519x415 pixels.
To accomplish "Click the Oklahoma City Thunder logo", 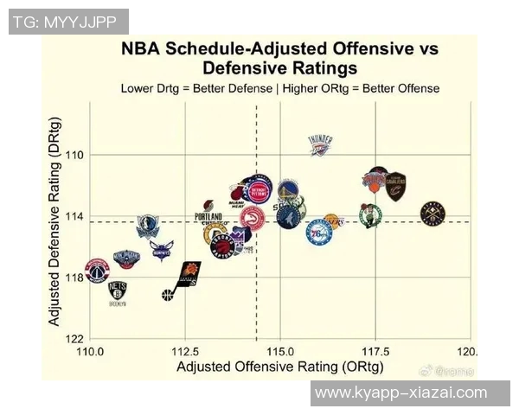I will pos(320,145).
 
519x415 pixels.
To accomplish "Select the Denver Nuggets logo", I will pos(432,213).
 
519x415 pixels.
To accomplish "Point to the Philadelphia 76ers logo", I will pos(318,232).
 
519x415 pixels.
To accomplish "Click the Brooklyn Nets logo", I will pos(118,292).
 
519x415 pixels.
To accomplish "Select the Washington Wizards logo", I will pos(97,270).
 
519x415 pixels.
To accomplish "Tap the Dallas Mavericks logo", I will pos(149,227).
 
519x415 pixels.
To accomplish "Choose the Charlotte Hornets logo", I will pos(162,251).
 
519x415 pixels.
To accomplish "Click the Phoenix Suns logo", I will pos(189,274).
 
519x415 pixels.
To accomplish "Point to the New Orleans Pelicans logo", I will pos(125,258).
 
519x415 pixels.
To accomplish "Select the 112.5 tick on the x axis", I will pos(185,352).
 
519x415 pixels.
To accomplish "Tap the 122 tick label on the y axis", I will pos(79,338).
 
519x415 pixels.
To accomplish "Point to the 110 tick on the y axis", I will pos(79,155).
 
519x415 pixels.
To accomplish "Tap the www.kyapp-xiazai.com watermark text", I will pos(400,393).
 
